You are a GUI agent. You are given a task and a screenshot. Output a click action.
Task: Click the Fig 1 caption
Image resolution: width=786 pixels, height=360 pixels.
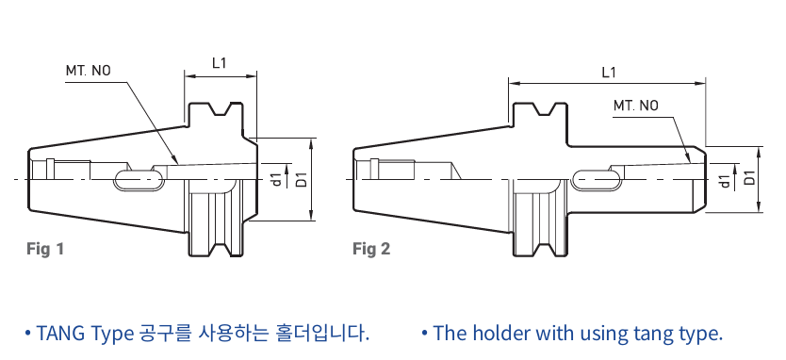coord(45,248)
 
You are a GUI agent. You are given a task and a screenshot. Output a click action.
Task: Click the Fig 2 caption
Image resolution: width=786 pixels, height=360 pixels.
coord(371,248)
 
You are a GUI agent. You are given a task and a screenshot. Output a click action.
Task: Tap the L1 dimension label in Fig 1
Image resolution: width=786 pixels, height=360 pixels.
coord(220,63)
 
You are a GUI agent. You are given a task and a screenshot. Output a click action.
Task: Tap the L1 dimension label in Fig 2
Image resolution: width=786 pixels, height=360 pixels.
coord(609,73)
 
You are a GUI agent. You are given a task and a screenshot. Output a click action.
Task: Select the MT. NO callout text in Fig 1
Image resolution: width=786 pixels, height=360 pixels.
coord(89,71)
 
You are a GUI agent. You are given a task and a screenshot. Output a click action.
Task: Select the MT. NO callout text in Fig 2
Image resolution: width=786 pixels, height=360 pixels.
coord(636,106)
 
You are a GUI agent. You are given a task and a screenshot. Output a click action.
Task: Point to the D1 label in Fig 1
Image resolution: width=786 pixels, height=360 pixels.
coord(302,179)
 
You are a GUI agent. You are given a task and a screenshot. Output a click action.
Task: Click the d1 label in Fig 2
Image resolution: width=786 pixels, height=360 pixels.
coord(726,181)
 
